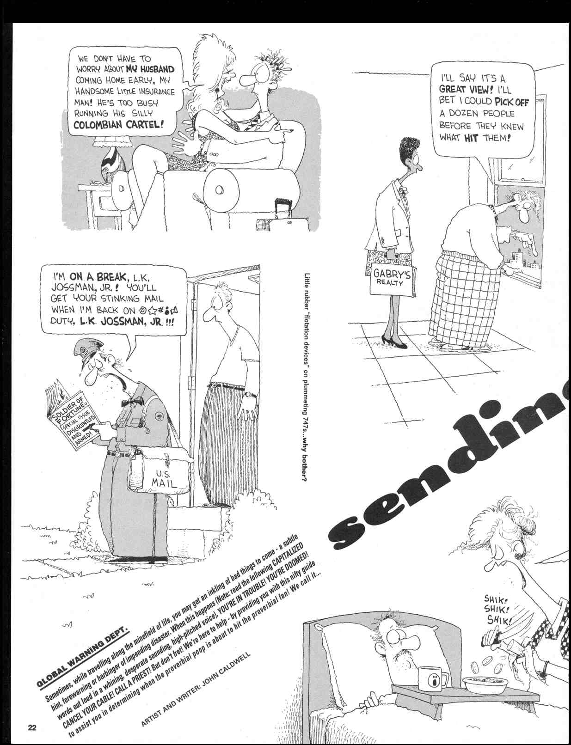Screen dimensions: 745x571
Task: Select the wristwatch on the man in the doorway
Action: coord(250,395)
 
